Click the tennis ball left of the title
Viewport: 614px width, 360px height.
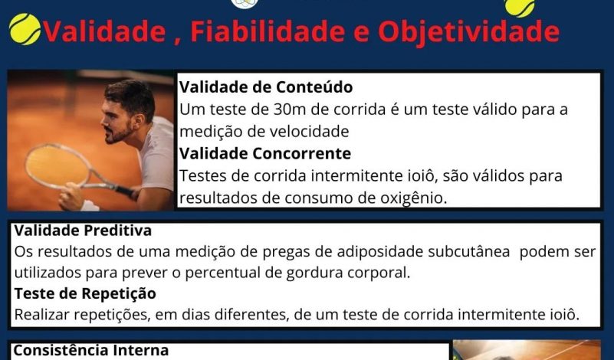25,29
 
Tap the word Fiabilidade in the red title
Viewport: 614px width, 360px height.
268,31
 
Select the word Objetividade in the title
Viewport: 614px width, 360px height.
468,32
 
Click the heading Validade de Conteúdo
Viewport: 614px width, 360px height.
266,87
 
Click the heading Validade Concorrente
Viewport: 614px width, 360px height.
265,153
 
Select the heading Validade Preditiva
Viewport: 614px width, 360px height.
83,230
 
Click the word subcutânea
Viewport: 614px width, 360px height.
468,251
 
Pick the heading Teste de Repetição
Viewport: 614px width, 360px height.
85,293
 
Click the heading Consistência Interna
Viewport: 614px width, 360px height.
91,350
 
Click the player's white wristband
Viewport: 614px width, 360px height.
89,206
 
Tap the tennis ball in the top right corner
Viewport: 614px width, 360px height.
520,7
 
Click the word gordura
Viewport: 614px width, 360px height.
311,273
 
